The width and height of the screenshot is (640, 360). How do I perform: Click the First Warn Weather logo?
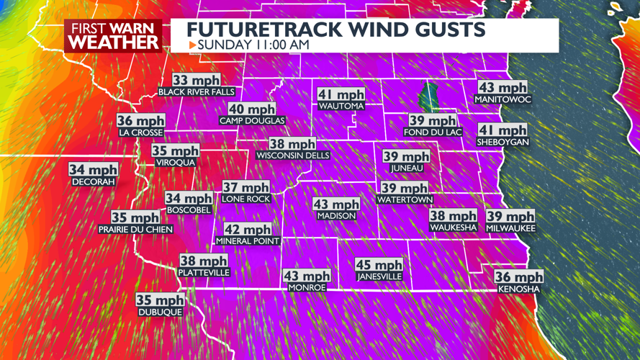[x=114, y=35]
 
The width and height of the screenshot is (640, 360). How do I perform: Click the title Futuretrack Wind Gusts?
[x=335, y=30]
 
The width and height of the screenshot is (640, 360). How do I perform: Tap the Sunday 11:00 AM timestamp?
[x=253, y=45]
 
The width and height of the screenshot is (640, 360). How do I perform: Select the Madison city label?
[x=335, y=216]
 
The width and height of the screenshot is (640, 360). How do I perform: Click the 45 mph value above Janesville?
[x=379, y=265]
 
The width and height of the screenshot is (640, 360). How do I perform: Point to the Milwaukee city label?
[x=510, y=228]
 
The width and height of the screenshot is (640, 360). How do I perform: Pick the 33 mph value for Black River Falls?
[x=196, y=81]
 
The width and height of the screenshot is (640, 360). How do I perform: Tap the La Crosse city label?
[x=141, y=133]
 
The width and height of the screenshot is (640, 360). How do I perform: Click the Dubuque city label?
[x=160, y=312]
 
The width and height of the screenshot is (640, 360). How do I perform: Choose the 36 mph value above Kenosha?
[x=518, y=277]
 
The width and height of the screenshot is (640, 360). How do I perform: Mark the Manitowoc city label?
[x=502, y=99]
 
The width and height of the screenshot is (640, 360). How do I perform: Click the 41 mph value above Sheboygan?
[x=502, y=130]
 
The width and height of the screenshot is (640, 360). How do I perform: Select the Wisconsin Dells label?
[x=293, y=156]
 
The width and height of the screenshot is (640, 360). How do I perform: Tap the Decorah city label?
[x=94, y=183]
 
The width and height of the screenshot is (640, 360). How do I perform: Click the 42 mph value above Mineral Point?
[x=247, y=229]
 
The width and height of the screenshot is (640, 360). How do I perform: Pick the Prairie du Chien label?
[x=135, y=230]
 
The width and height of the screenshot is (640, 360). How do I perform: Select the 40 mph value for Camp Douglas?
[x=252, y=109]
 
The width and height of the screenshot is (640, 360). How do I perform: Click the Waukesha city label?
[x=453, y=228]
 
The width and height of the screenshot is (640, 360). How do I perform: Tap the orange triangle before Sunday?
[x=192, y=45]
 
